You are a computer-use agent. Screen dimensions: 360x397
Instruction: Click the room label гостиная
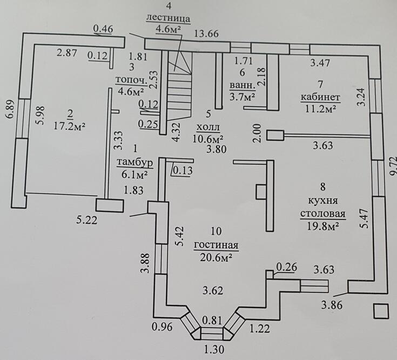click(216, 245)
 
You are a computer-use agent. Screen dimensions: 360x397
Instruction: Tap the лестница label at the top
click(169, 17)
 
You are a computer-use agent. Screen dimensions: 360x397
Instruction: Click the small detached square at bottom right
click(380, 311)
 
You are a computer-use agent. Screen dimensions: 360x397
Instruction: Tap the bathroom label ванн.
click(239, 85)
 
